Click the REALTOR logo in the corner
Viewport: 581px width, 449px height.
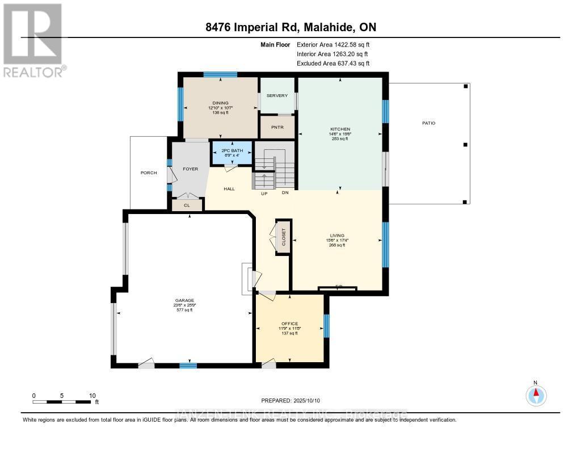pos(33,39)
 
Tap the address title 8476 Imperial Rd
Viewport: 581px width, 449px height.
pos(290,27)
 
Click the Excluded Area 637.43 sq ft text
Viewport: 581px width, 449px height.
pos(333,64)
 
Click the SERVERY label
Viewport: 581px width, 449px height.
pos(277,95)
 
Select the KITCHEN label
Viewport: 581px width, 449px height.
pos(340,129)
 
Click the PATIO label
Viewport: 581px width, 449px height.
pos(428,123)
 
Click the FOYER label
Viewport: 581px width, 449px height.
pos(189,169)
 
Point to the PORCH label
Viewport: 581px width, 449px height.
pos(149,173)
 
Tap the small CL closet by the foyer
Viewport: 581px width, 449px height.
pos(186,205)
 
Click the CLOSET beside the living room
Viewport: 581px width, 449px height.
pos(283,237)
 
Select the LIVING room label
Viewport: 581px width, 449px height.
pos(338,236)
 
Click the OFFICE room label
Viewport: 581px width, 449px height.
pos(290,324)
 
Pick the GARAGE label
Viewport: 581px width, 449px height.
pos(184,301)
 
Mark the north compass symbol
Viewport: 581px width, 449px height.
pos(536,394)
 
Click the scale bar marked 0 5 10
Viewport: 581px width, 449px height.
pos(62,401)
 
